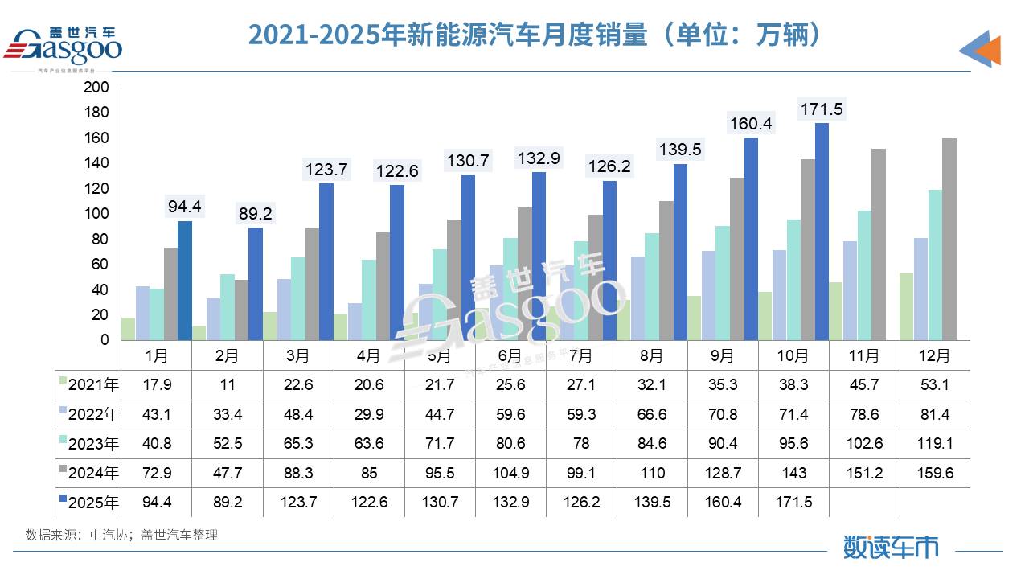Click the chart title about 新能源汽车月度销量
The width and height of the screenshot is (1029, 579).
tap(535, 35)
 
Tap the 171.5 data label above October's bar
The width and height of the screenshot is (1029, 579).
tap(821, 109)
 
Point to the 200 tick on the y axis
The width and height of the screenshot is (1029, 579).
tap(96, 87)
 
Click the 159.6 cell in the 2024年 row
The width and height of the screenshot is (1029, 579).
tap(934, 473)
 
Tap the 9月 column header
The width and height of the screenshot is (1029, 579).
tap(723, 355)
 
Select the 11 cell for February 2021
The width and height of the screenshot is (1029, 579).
tap(228, 385)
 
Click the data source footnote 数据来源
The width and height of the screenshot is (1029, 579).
tap(121, 534)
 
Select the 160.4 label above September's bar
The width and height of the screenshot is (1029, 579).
tap(750, 124)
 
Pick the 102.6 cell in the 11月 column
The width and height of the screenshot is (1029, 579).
tap(864, 444)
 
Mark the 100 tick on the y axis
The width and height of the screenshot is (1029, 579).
tap(96, 214)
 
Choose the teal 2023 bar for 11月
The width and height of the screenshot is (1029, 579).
tap(864, 275)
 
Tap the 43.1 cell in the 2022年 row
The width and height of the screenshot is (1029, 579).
tap(157, 414)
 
